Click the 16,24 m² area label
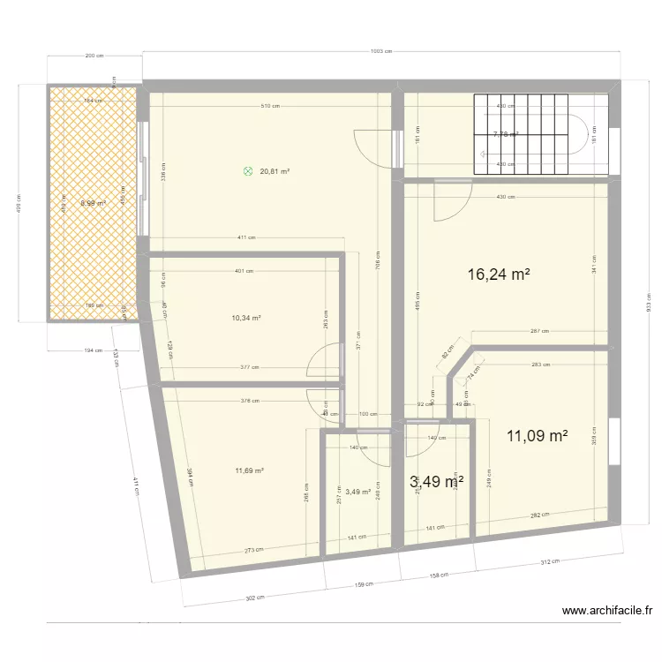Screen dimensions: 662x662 pyautogui.click(x=499, y=275)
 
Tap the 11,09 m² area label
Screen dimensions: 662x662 pyautogui.click(x=537, y=435)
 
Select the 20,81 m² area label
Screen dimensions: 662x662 pyautogui.click(x=275, y=172)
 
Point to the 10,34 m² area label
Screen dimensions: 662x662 pyautogui.click(x=246, y=318)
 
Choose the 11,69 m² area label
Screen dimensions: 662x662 pyautogui.click(x=248, y=470)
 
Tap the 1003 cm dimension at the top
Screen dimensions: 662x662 pyautogui.click(x=381, y=52)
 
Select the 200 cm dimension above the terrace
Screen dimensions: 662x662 pyautogui.click(x=94, y=56)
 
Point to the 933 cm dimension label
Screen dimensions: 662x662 pyautogui.click(x=649, y=303)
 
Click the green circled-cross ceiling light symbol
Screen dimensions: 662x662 pyautogui.click(x=248, y=172)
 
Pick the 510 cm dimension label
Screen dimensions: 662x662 pyautogui.click(x=270, y=107)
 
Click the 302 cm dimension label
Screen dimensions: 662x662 pyautogui.click(x=254, y=598)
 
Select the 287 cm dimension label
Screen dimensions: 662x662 pyautogui.click(x=540, y=331)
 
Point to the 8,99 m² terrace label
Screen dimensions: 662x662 pyautogui.click(x=93, y=203)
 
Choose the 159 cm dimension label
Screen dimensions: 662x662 pyautogui.click(x=362, y=583)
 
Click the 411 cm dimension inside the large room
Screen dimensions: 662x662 pyautogui.click(x=246, y=237)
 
